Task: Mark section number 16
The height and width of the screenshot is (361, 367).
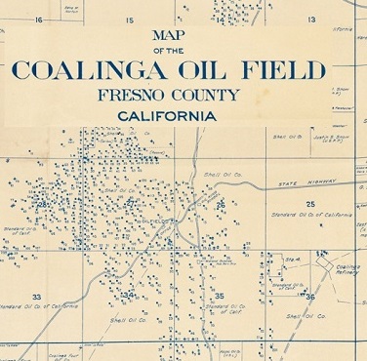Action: [x=39, y=20]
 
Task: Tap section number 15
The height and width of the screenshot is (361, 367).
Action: [x=129, y=20]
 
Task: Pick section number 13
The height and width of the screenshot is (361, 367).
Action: [x=311, y=20]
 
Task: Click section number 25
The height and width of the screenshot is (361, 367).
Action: [x=310, y=203]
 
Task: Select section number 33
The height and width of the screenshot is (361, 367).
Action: [x=36, y=296]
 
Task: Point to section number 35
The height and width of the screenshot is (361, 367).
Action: [x=220, y=295]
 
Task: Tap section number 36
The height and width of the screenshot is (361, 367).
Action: [x=309, y=294]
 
